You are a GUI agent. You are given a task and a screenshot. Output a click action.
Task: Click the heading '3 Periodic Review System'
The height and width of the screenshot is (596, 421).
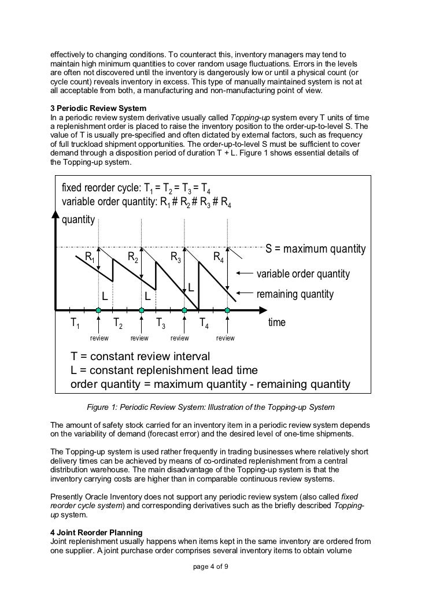[x=98, y=108]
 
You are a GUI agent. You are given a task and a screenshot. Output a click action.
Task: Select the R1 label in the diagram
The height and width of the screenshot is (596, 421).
[x=90, y=257]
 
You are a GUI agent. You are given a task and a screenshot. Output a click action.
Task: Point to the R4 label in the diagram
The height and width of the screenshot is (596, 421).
[x=219, y=257]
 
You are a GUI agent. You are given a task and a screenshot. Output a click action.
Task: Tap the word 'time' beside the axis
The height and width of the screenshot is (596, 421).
[x=277, y=322]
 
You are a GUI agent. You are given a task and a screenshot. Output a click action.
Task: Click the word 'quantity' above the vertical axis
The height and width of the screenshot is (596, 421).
[x=78, y=220]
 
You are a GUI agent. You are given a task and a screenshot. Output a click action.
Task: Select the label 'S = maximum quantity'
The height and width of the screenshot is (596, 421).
[x=315, y=249]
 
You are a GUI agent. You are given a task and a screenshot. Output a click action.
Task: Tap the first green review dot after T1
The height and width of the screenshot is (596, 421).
[x=99, y=310]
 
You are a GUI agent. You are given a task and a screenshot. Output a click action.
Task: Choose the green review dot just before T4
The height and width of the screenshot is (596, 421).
[x=184, y=310]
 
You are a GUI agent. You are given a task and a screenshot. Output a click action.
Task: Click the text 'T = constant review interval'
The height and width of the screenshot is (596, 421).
[x=140, y=356]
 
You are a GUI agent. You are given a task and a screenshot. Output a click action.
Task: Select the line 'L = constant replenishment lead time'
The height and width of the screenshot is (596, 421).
[x=164, y=370]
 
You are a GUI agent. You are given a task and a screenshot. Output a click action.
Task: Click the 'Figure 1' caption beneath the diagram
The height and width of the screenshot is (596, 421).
[x=210, y=406]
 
